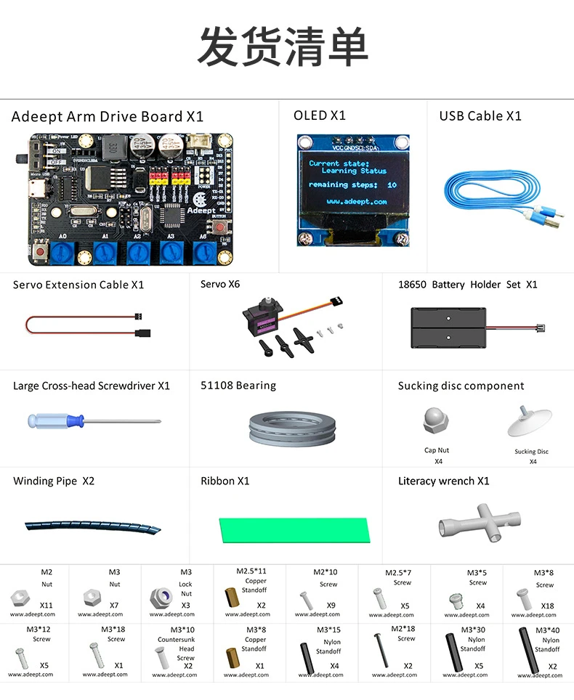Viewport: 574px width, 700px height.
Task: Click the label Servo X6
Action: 220,284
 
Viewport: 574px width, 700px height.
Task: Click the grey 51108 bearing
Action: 291,427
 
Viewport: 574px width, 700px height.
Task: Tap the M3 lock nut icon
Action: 160,597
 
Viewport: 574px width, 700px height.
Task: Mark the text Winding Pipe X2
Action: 54,481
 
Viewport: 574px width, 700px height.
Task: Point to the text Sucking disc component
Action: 461,386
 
